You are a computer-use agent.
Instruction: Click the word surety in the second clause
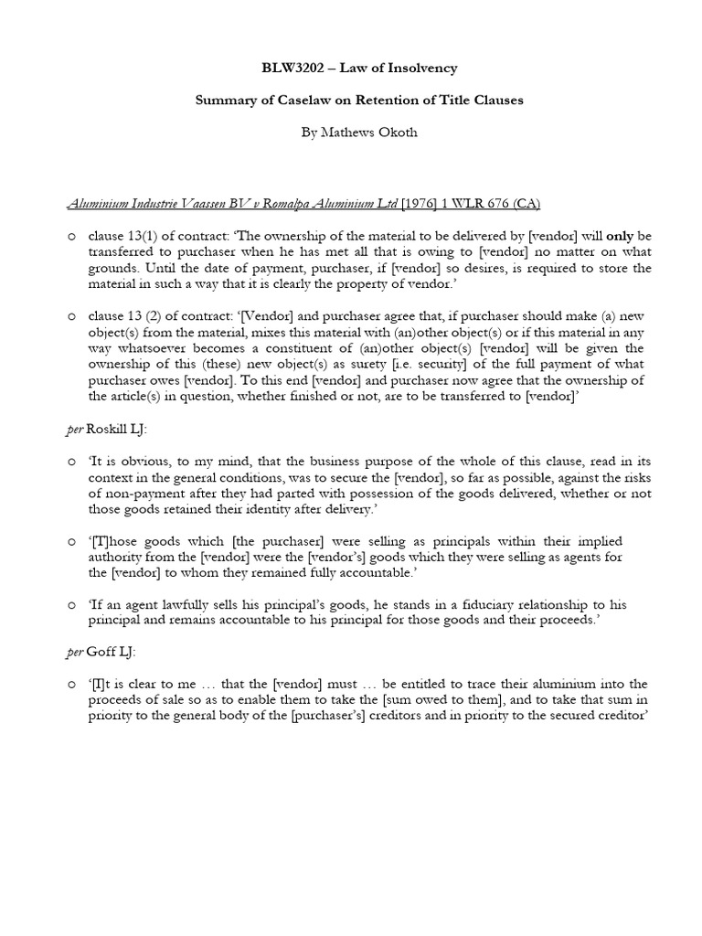pyautogui.click(x=332, y=365)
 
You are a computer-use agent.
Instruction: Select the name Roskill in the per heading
pyautogui.click(x=108, y=430)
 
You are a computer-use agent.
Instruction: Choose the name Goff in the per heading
pyautogui.click(x=101, y=651)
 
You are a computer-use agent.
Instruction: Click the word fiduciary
pyautogui.click(x=473, y=605)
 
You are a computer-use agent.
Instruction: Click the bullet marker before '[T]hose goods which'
pyautogui.click(x=72, y=543)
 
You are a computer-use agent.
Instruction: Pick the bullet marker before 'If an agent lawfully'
pyautogui.click(x=72, y=605)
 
